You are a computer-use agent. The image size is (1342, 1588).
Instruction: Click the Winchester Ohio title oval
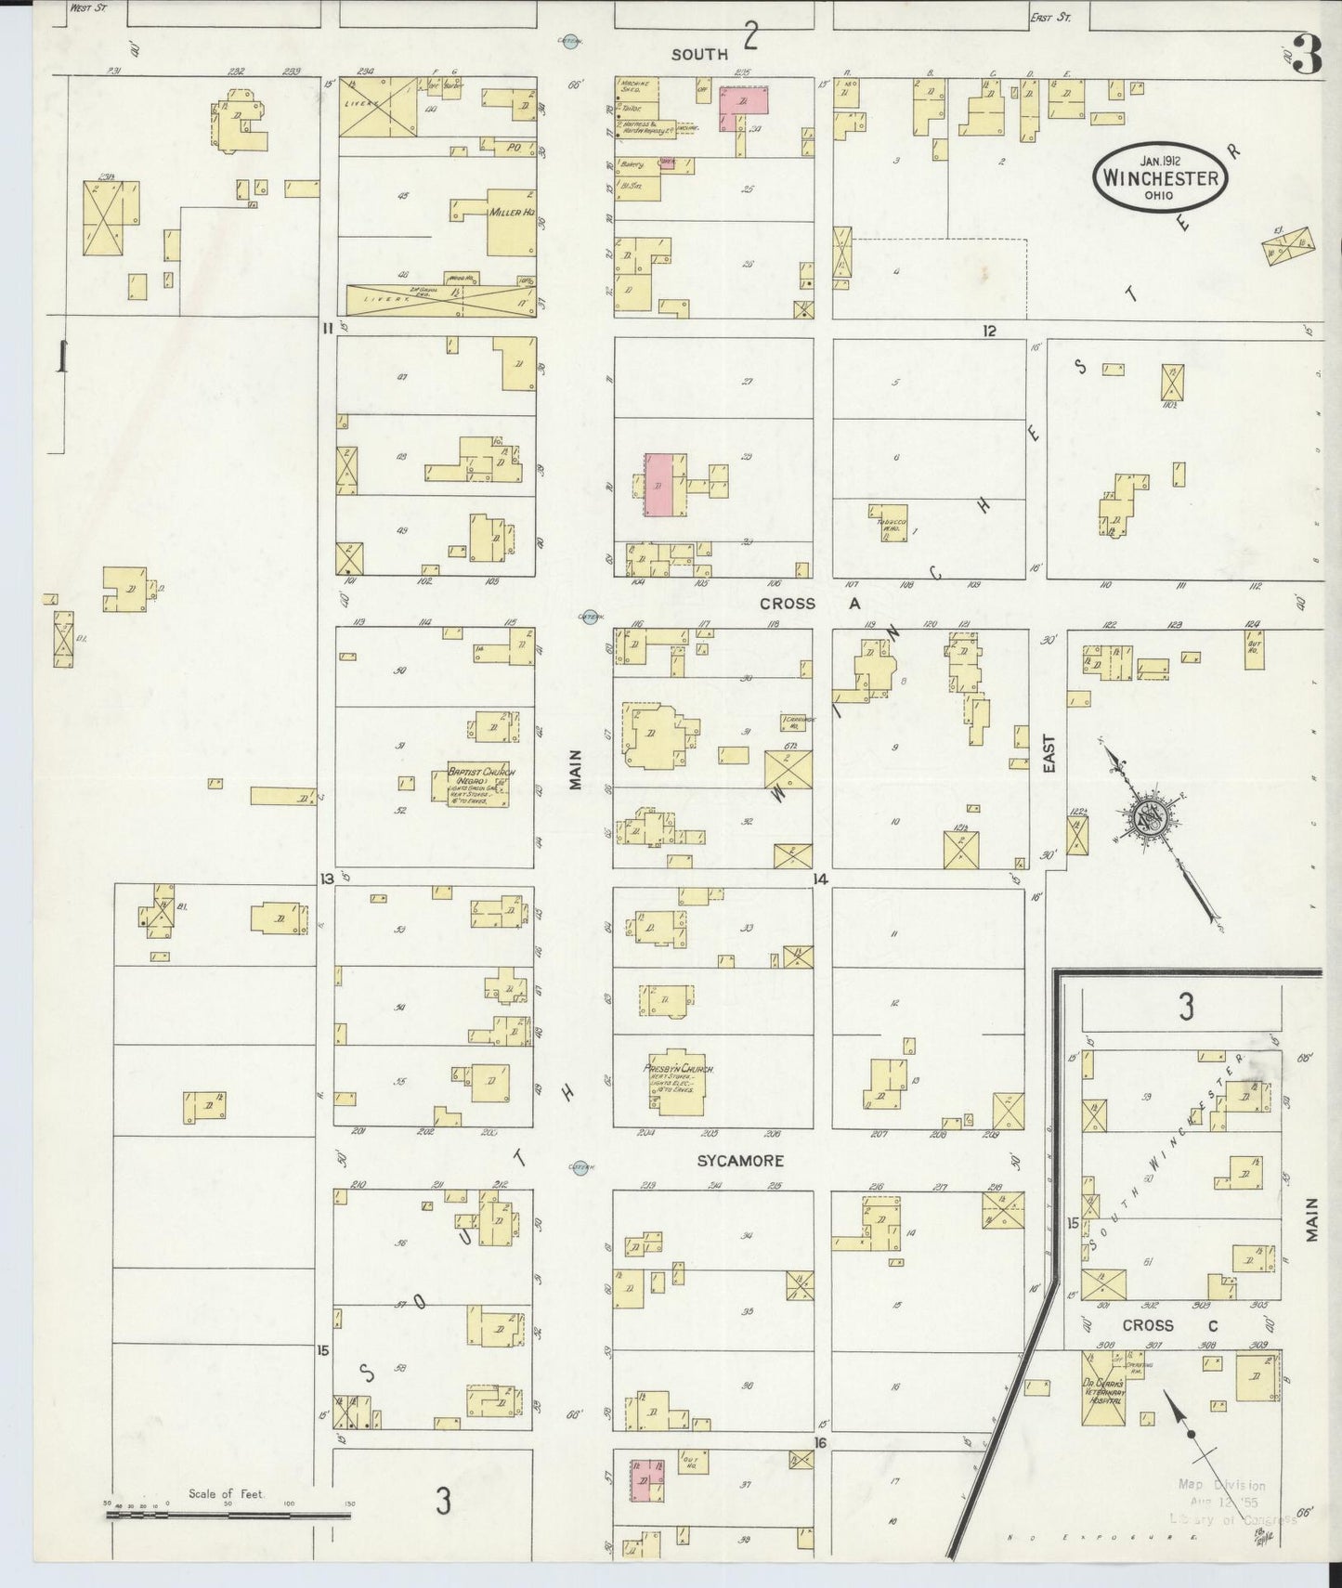(x=1161, y=177)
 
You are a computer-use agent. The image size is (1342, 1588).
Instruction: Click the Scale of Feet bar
(x=228, y=1516)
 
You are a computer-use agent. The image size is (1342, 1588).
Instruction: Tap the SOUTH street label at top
(x=699, y=55)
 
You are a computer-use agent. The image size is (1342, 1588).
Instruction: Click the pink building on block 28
(x=660, y=485)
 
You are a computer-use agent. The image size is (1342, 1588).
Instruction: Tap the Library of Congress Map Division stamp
(x=1221, y=1502)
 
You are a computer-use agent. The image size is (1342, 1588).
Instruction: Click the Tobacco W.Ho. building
(x=889, y=524)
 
